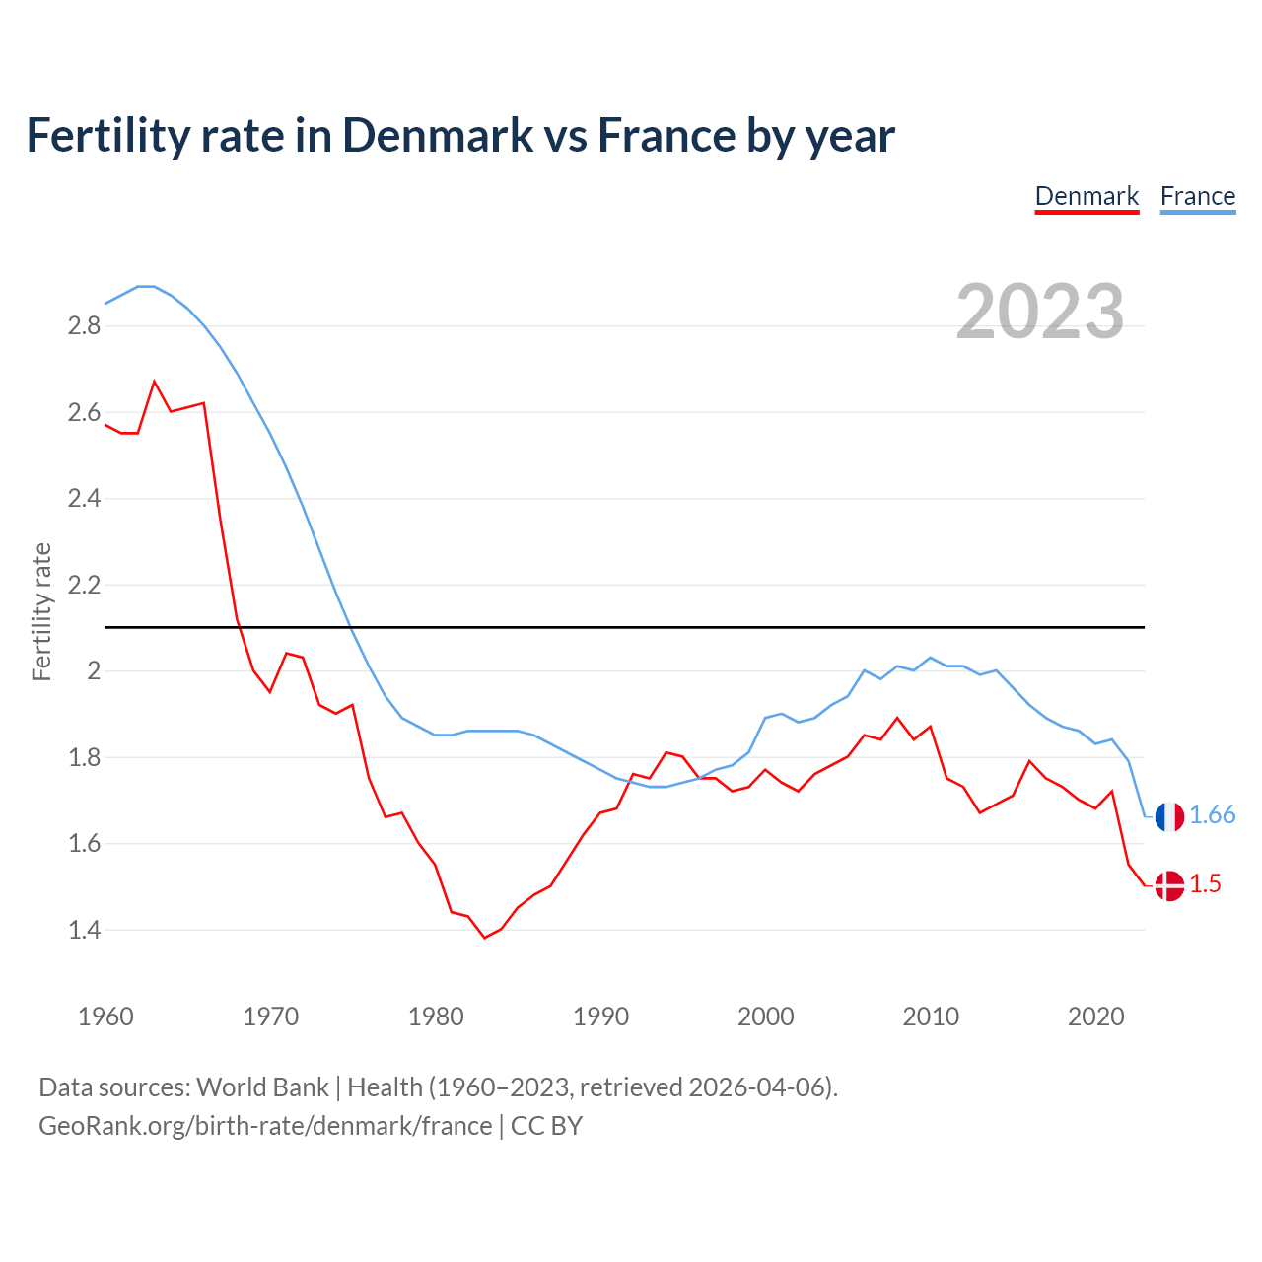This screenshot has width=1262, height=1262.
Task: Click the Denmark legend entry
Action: coord(1087,196)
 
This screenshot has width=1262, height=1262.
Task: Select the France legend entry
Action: coord(1197,196)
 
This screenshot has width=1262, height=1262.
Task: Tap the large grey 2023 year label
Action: coord(1040,312)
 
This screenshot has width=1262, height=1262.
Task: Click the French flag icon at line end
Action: coord(1169,816)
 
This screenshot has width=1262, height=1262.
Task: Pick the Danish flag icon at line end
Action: coord(1169,885)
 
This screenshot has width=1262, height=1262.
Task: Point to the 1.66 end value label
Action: coord(1212,815)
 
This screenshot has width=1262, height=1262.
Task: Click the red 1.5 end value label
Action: coord(1205,884)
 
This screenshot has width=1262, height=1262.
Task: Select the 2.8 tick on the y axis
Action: coord(85,326)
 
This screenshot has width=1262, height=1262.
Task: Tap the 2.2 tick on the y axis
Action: coord(85,585)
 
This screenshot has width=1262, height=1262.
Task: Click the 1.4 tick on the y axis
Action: coord(85,930)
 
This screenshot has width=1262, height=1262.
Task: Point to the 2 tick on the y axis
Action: coord(95,671)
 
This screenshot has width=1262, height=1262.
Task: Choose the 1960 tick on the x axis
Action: coord(105,1017)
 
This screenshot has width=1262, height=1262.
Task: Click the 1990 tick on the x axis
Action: coord(600,1017)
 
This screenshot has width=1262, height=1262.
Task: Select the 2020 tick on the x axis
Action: coord(1095,1017)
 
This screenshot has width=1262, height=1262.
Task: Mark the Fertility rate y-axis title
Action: coord(41,611)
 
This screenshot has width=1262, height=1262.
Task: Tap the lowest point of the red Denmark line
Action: coord(484,938)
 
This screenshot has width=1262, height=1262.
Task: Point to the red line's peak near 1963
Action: coord(155,381)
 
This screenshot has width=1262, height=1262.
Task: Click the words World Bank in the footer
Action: coord(262,1087)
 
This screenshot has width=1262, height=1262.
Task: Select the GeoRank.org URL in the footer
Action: coord(265,1126)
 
